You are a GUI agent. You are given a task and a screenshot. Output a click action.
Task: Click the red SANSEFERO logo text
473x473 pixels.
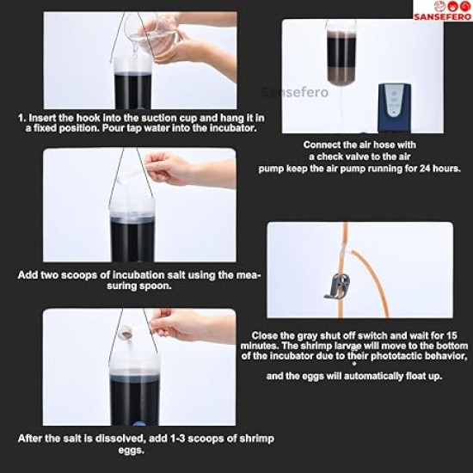(x=442, y=16)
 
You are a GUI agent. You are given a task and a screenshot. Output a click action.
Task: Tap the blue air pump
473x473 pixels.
(x=395, y=108)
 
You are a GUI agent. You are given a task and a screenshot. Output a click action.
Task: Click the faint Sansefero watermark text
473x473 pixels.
(x=294, y=92)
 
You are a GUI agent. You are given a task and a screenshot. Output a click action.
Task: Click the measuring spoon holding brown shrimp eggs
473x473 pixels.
(x=127, y=333)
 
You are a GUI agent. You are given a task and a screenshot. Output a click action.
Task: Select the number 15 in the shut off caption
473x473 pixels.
(x=451, y=335)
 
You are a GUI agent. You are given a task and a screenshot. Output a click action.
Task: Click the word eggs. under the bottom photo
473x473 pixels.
(x=131, y=450)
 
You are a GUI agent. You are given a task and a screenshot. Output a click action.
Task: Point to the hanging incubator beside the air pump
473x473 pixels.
(x=341, y=53)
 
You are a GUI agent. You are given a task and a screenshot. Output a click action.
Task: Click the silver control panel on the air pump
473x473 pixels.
(x=394, y=101)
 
